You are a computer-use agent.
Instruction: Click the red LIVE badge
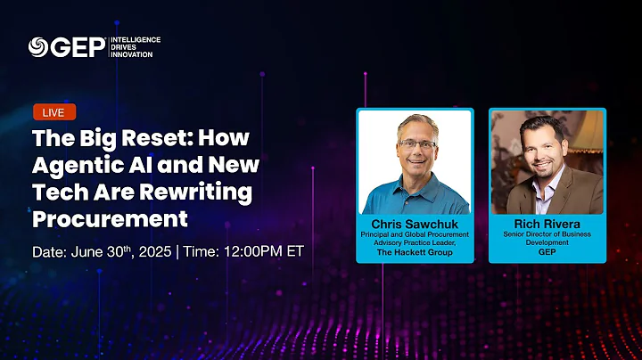(x=54, y=111)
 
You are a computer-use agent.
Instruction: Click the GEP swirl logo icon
(x=37, y=47)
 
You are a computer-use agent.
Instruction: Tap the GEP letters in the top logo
(x=78, y=47)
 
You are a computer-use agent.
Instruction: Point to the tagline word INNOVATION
(x=132, y=54)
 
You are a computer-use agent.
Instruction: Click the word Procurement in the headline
(x=111, y=217)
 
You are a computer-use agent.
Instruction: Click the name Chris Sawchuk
(x=414, y=223)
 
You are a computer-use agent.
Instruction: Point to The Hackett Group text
(x=414, y=252)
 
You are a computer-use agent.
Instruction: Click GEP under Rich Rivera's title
(x=547, y=252)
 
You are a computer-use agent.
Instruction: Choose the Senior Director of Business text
(x=547, y=234)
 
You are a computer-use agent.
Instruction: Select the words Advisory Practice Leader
(x=414, y=243)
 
